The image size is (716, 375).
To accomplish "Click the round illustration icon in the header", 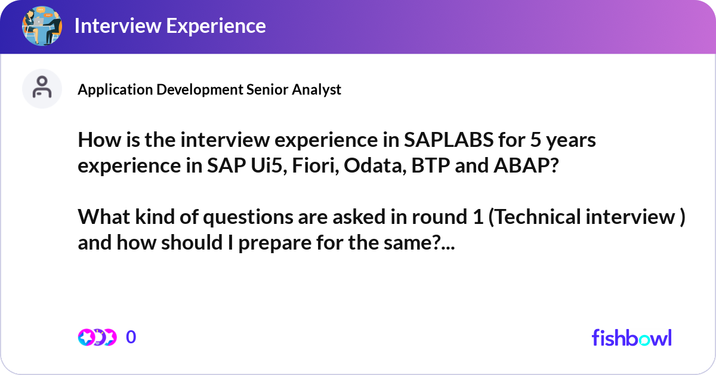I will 42,26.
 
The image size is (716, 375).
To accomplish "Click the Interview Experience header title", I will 170,26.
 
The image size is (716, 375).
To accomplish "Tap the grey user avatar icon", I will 42,88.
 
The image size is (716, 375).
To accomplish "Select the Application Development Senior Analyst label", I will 209,89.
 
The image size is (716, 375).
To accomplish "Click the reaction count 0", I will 131,337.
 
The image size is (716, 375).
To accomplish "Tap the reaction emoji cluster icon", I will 97,337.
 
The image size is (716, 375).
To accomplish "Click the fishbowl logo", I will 631,337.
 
